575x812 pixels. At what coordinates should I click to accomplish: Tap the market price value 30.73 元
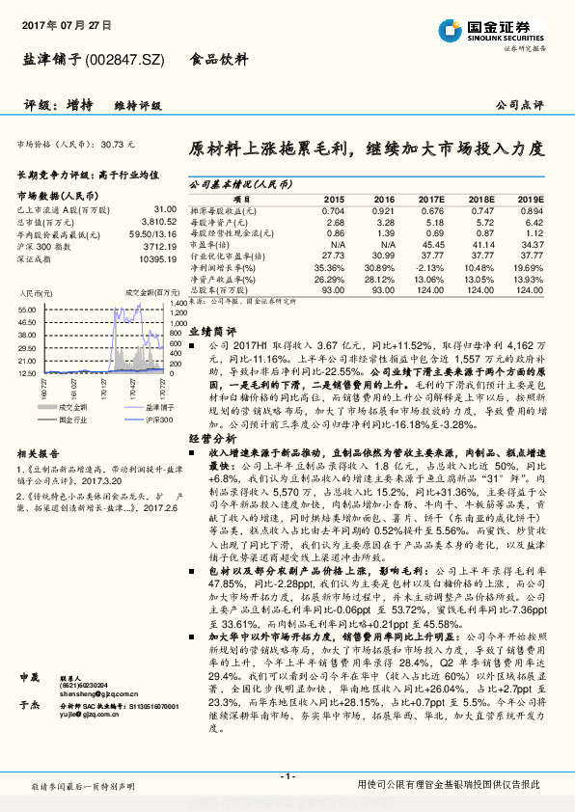click(x=118, y=144)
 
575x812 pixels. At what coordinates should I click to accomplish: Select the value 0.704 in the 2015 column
click(x=333, y=210)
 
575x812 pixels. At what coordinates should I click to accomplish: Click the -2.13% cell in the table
click(x=430, y=267)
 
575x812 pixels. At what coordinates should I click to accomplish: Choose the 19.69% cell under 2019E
click(x=529, y=267)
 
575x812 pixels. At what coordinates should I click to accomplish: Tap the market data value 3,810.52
click(x=157, y=220)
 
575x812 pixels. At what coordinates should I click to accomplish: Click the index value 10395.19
click(x=156, y=257)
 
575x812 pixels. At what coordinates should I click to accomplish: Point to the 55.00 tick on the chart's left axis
click(x=26, y=309)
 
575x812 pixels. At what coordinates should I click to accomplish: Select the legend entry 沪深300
click(x=132, y=420)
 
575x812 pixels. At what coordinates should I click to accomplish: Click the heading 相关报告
click(x=39, y=453)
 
